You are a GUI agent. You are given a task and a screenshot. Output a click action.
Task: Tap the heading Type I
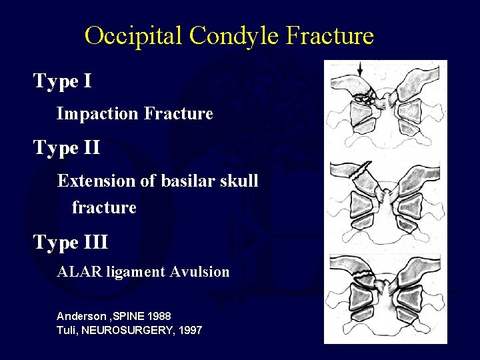coord(63,81)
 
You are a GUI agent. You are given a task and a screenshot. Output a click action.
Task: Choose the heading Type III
coord(71,241)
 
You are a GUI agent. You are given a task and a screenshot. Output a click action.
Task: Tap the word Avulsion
coord(199,272)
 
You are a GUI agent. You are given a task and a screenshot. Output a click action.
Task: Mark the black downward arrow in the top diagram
coord(360,69)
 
